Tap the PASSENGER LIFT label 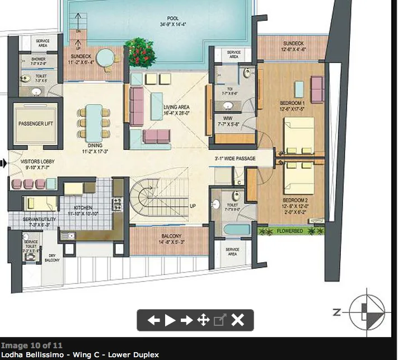point(36,123)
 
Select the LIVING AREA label point(176,107)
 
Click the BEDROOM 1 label point(292,104)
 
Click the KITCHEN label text point(83,208)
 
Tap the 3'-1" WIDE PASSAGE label point(235,158)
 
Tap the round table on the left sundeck point(104,57)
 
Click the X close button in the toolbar point(238,320)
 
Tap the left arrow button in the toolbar point(153,320)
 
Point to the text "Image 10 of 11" point(32,345)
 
